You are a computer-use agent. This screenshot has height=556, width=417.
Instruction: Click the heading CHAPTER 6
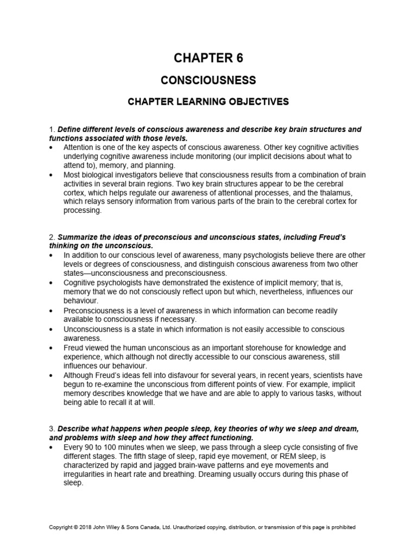click(208, 59)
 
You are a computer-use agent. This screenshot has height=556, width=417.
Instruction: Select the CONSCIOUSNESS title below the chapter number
click(208, 80)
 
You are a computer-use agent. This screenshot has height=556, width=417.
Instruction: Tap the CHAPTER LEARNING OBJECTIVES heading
click(208, 102)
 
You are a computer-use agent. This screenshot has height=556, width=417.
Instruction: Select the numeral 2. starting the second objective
click(52, 238)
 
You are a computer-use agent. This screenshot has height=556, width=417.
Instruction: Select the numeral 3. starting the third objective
click(52, 428)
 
